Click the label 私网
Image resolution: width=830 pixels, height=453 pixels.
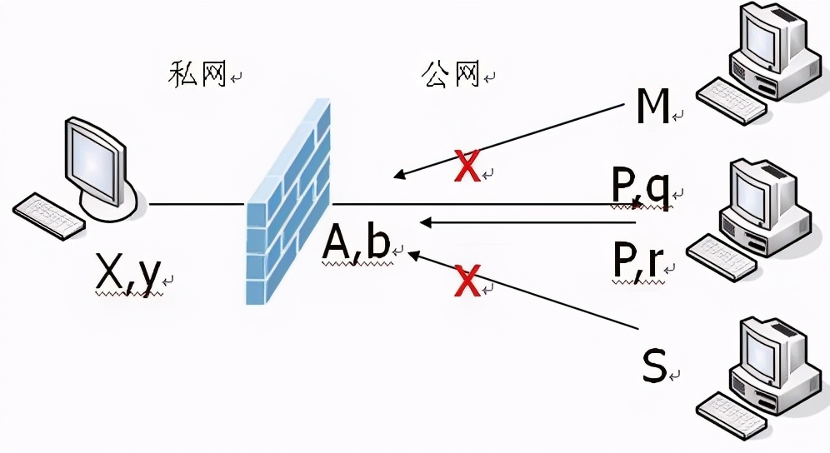click(197, 75)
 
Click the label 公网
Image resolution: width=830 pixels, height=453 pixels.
click(451, 75)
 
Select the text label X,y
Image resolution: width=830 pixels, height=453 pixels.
click(127, 274)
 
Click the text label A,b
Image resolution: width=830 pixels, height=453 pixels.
click(357, 243)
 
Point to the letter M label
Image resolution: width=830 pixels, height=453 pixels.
click(653, 106)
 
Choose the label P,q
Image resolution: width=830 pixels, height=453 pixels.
click(640, 190)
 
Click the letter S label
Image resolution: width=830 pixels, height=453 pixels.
click(655, 366)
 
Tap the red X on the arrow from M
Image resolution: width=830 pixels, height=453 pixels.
click(468, 166)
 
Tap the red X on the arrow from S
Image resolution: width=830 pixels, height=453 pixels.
click(467, 281)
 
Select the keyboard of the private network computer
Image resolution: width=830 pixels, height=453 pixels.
click(48, 216)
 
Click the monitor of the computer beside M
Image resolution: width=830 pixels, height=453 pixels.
click(758, 37)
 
